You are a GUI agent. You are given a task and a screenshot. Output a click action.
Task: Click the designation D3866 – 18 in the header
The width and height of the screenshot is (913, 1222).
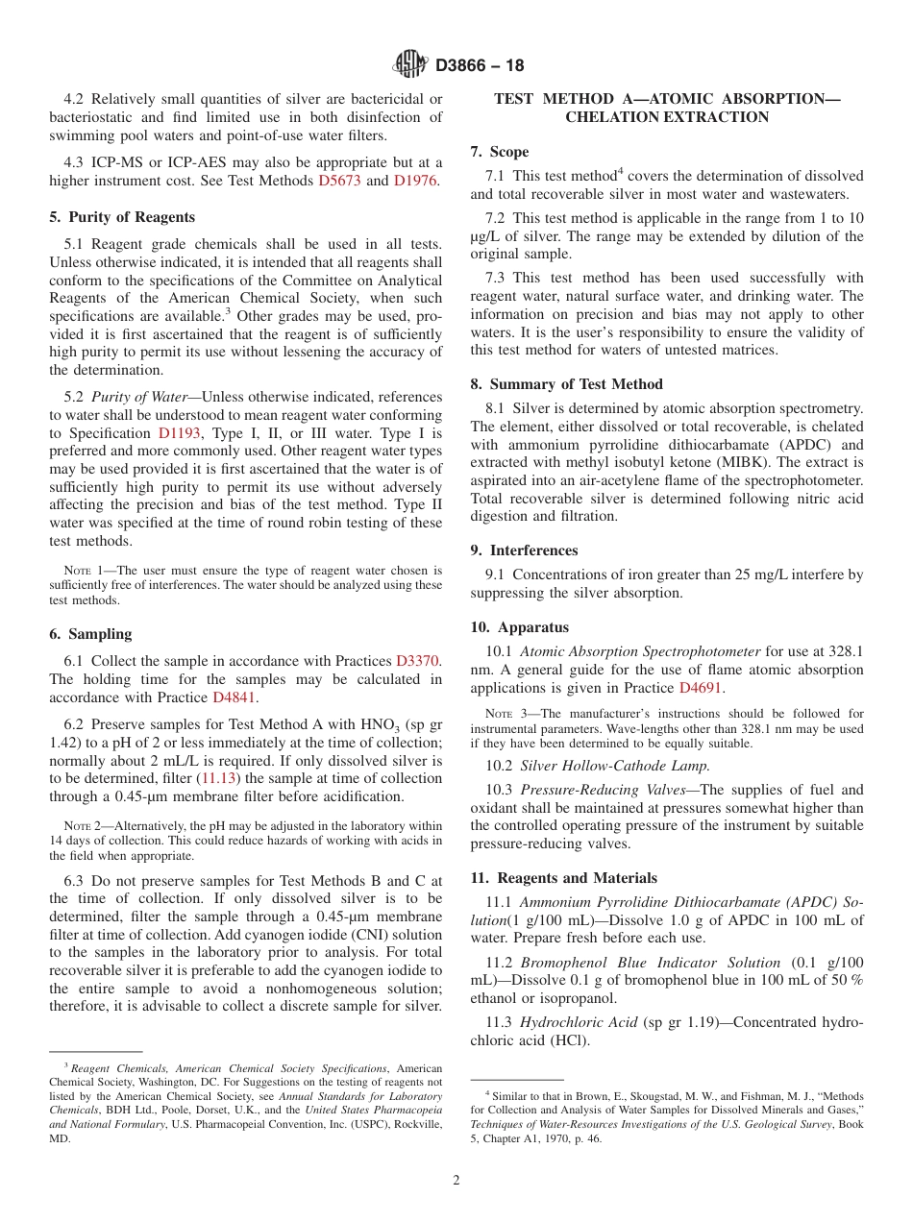(x=480, y=65)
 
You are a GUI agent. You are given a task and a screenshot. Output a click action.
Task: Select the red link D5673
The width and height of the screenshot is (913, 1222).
(x=339, y=181)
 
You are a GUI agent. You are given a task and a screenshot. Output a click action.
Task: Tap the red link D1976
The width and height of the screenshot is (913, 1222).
(x=416, y=181)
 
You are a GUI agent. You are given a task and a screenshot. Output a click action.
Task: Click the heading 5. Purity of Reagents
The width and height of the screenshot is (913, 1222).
(x=122, y=217)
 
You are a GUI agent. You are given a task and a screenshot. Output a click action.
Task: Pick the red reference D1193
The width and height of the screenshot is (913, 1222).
(x=180, y=433)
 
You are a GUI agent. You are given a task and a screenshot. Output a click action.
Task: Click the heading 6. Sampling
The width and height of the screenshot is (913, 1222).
(x=90, y=634)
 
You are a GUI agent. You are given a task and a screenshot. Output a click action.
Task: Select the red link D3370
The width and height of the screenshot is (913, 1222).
(x=417, y=661)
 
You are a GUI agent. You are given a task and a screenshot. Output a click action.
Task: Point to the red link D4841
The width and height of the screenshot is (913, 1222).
(x=234, y=697)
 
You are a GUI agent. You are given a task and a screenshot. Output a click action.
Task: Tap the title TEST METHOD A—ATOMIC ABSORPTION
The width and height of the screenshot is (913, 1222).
(x=666, y=99)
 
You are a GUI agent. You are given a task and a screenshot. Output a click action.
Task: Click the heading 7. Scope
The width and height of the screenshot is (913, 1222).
(x=499, y=152)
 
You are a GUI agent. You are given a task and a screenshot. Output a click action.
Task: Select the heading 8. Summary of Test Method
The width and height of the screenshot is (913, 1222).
(x=566, y=384)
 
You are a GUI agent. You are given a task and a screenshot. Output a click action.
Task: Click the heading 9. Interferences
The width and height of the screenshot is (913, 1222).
(x=524, y=550)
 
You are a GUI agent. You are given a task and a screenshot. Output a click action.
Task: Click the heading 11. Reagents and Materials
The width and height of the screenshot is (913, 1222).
(x=563, y=878)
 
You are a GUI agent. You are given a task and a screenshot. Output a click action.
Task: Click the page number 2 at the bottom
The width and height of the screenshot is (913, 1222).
(x=456, y=1181)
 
